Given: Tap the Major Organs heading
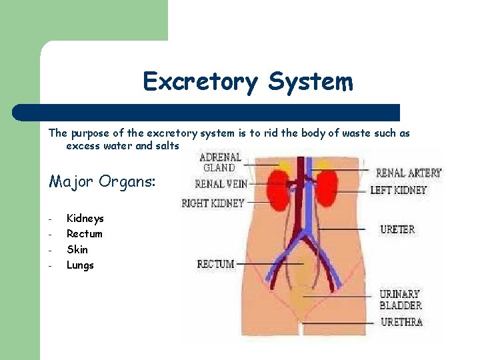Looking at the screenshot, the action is [101, 181].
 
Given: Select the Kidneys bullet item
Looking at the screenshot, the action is [85, 218].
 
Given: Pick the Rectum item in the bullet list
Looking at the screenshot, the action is [84, 233].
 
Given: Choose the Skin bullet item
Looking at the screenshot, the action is [77, 249].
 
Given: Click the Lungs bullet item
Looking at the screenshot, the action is [80, 265].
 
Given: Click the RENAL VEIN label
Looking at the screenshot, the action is [221, 183].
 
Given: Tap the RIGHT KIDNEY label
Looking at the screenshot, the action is [213, 203].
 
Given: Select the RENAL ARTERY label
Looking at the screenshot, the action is [408, 173].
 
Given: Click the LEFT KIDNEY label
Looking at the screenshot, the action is [398, 190].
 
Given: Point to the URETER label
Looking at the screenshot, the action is [397, 229].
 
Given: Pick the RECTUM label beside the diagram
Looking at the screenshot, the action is [215, 265].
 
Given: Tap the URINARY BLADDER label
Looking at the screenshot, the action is [401, 299].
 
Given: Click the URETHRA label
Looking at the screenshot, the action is [401, 322].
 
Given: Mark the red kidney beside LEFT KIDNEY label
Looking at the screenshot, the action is [327, 188].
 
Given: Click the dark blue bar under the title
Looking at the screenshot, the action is [207, 112].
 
